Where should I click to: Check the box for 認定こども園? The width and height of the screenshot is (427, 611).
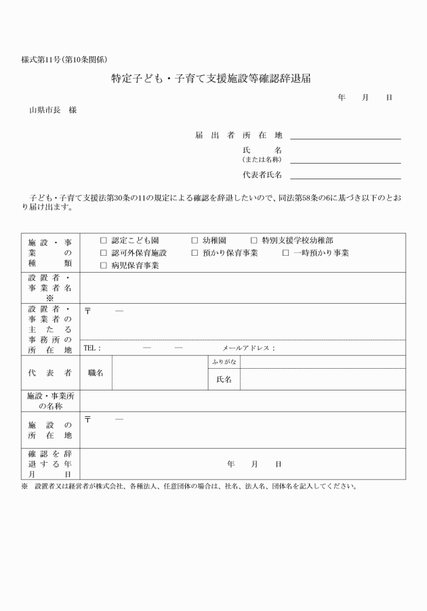[x=104, y=240]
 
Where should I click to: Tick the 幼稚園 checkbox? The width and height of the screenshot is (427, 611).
[x=195, y=240]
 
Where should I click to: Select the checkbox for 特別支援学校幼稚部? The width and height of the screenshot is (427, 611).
[x=254, y=240]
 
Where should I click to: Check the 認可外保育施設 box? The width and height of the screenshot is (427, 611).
[x=104, y=252]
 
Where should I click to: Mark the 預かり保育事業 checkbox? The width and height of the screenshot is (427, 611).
[x=195, y=252]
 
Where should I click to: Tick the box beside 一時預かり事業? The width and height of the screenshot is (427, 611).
[x=285, y=252]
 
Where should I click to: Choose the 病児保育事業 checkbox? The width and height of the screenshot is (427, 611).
[x=104, y=265]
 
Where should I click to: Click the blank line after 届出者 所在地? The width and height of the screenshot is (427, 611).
[x=345, y=137]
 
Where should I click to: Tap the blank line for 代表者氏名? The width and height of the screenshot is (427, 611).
[x=345, y=177]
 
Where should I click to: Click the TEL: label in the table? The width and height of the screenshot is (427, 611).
[x=92, y=348]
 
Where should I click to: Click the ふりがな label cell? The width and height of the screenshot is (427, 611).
[x=223, y=363]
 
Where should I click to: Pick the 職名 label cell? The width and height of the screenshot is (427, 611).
[x=96, y=373]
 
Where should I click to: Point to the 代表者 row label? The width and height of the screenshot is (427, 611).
[x=50, y=373]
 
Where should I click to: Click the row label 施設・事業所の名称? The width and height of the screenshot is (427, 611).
[x=50, y=401]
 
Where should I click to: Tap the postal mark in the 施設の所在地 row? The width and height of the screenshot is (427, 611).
[x=87, y=420]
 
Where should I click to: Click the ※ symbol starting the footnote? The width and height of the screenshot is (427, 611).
[x=24, y=486]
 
